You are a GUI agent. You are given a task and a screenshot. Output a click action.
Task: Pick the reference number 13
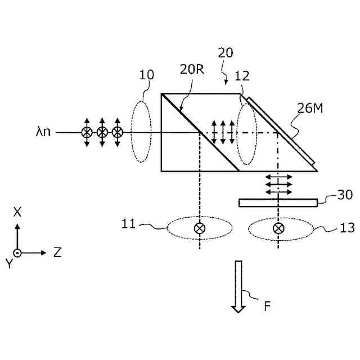333,228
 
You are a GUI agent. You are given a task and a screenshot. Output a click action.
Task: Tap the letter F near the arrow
268,307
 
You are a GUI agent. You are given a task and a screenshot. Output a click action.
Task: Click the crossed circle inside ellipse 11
199,228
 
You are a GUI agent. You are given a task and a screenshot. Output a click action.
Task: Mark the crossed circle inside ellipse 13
278,228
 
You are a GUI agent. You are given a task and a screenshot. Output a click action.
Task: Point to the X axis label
17,211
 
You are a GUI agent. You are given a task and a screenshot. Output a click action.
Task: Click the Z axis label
57,253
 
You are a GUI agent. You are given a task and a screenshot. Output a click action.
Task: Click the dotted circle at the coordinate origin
17,253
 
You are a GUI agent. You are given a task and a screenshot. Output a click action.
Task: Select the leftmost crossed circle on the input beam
87,133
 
